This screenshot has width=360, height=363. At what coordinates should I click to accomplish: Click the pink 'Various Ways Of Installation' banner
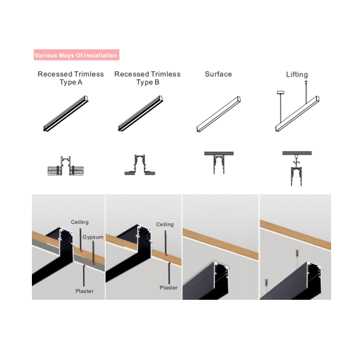[x=76, y=55]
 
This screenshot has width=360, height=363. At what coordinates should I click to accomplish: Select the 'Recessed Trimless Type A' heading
[x=70, y=78]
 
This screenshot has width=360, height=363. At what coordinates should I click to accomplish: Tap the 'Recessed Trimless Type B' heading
[x=147, y=78]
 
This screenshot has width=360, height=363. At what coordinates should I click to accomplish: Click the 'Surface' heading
[x=219, y=74]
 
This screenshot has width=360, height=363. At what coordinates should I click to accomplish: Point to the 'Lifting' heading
[x=297, y=75]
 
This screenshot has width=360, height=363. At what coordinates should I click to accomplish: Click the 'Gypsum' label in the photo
[x=93, y=237]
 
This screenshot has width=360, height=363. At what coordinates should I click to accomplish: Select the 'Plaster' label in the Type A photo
[x=84, y=291]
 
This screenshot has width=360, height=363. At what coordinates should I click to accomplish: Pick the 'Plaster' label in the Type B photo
[x=169, y=288]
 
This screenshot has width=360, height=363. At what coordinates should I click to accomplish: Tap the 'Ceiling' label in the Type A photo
[x=79, y=222]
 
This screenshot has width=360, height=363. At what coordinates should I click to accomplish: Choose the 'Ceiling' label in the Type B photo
[x=165, y=225]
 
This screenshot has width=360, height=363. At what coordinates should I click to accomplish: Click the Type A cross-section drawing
[x=66, y=166]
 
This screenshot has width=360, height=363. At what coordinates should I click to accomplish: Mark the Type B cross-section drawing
[x=140, y=165]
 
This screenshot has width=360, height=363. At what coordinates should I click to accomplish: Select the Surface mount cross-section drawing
[x=219, y=163]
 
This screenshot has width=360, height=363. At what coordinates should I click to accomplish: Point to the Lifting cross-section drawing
[x=297, y=169]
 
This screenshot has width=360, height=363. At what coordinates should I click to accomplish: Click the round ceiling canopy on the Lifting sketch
[x=281, y=93]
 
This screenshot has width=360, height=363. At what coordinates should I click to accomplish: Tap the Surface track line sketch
[x=219, y=114]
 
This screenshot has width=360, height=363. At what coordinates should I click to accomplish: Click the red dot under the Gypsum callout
[x=94, y=264]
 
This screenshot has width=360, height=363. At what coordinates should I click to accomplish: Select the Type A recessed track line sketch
[x=66, y=113]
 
